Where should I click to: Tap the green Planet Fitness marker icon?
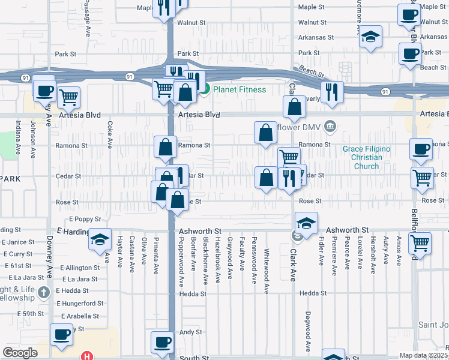(x=204, y=90)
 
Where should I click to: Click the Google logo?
(x=20, y=353)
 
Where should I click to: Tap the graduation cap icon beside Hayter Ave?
(x=100, y=240)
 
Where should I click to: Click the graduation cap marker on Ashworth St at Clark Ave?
(x=306, y=223)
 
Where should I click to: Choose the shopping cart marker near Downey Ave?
(x=69, y=96)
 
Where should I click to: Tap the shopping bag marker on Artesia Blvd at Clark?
(x=295, y=107)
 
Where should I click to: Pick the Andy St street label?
(x=190, y=332)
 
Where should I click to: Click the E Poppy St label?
(x=85, y=220)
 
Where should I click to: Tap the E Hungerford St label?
(x=79, y=303)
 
